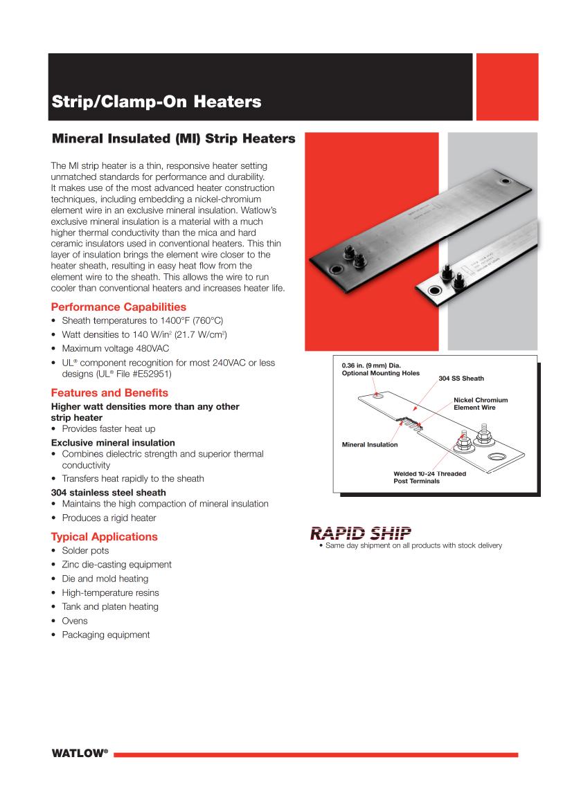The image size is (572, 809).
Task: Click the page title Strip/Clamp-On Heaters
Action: click(x=157, y=102)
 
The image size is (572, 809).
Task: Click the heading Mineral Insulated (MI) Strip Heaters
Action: click(x=173, y=139)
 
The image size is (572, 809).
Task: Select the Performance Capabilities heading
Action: click(x=118, y=307)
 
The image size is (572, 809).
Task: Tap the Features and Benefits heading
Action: click(x=109, y=392)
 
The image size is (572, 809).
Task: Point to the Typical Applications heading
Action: click(x=104, y=536)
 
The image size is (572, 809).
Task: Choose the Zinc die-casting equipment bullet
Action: click(x=116, y=565)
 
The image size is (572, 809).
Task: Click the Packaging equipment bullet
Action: click(x=105, y=635)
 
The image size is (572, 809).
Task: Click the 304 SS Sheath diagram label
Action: click(x=461, y=379)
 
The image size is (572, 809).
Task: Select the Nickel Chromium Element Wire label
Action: click(x=481, y=403)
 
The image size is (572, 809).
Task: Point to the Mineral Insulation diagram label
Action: click(x=370, y=444)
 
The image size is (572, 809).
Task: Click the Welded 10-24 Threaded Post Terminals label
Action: click(x=429, y=477)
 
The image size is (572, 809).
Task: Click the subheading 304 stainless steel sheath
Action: click(x=109, y=493)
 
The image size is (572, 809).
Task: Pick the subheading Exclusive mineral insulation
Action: click(x=113, y=442)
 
